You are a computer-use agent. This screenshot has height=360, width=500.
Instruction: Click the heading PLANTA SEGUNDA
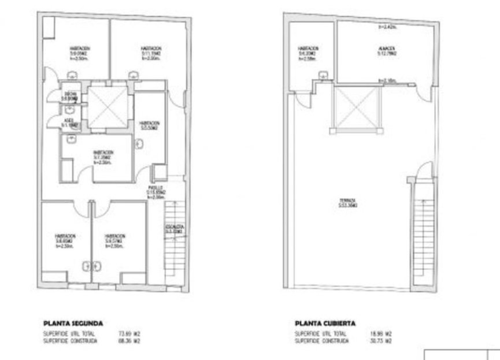(72, 324)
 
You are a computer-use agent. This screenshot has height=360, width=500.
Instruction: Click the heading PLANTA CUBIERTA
(325, 324)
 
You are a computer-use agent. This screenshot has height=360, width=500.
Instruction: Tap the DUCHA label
(71, 95)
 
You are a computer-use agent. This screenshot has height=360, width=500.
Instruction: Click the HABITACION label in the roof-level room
(306, 49)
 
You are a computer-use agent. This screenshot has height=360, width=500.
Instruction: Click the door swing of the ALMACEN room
(424, 90)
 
